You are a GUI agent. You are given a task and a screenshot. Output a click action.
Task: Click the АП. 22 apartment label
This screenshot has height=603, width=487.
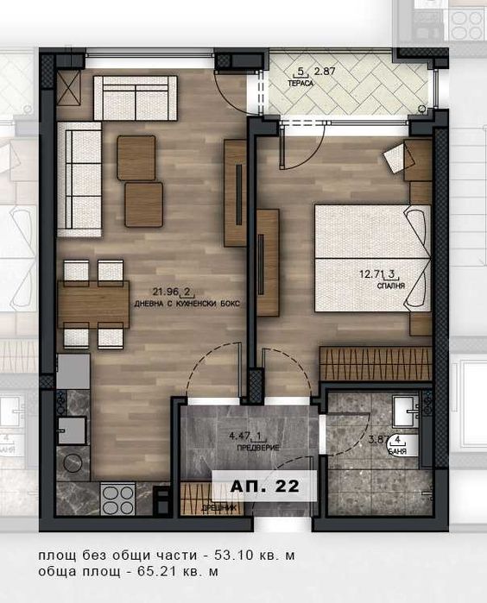pos(265,487)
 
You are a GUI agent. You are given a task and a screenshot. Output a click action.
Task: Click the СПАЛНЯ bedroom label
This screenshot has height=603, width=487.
pos(391,285)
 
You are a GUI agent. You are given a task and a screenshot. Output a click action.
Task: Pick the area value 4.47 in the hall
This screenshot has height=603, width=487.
pos(227,435)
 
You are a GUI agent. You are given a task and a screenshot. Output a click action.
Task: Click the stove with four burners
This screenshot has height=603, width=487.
pos(119,498)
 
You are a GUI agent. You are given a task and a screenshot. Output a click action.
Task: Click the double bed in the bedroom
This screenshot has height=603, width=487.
pos(372,256)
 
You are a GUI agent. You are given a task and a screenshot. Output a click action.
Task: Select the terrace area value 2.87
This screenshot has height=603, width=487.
pos(325,71)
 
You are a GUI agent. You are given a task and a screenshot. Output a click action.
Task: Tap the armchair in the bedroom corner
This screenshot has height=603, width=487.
pos(400,157)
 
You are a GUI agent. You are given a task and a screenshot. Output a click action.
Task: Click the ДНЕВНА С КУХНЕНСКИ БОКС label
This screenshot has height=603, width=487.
pos(187,305)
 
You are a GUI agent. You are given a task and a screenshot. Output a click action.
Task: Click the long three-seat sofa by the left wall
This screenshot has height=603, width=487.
pos(79,179)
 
